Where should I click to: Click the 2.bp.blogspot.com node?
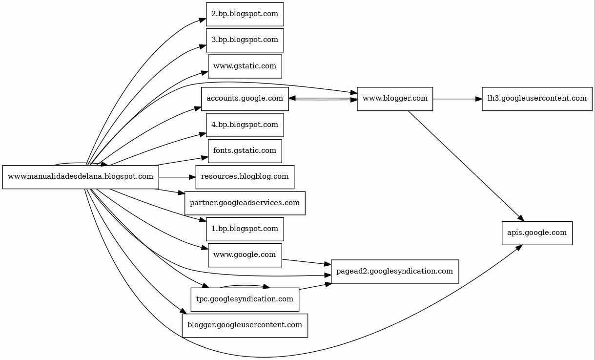click(245, 14)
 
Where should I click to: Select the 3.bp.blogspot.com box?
click(245, 40)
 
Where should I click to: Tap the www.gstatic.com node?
click(245, 66)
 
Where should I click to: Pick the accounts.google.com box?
click(245, 99)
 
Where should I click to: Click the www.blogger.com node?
click(395, 99)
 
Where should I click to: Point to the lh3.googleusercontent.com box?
click(537, 99)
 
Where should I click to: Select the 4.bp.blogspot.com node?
click(245, 125)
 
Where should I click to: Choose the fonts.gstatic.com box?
click(245, 150)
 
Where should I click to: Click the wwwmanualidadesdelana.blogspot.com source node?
click(81, 177)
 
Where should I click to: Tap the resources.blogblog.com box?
click(245, 177)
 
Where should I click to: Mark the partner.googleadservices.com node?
click(245, 203)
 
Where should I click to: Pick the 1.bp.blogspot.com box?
click(245, 229)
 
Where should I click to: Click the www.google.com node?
click(245, 255)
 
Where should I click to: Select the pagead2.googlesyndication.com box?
click(395, 271)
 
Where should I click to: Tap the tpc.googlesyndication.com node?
click(245, 299)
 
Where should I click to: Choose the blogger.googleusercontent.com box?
click(245, 325)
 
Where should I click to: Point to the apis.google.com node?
click(537, 233)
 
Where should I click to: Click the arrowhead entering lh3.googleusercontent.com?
click(479, 99)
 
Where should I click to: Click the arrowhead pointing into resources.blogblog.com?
click(192, 177)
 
